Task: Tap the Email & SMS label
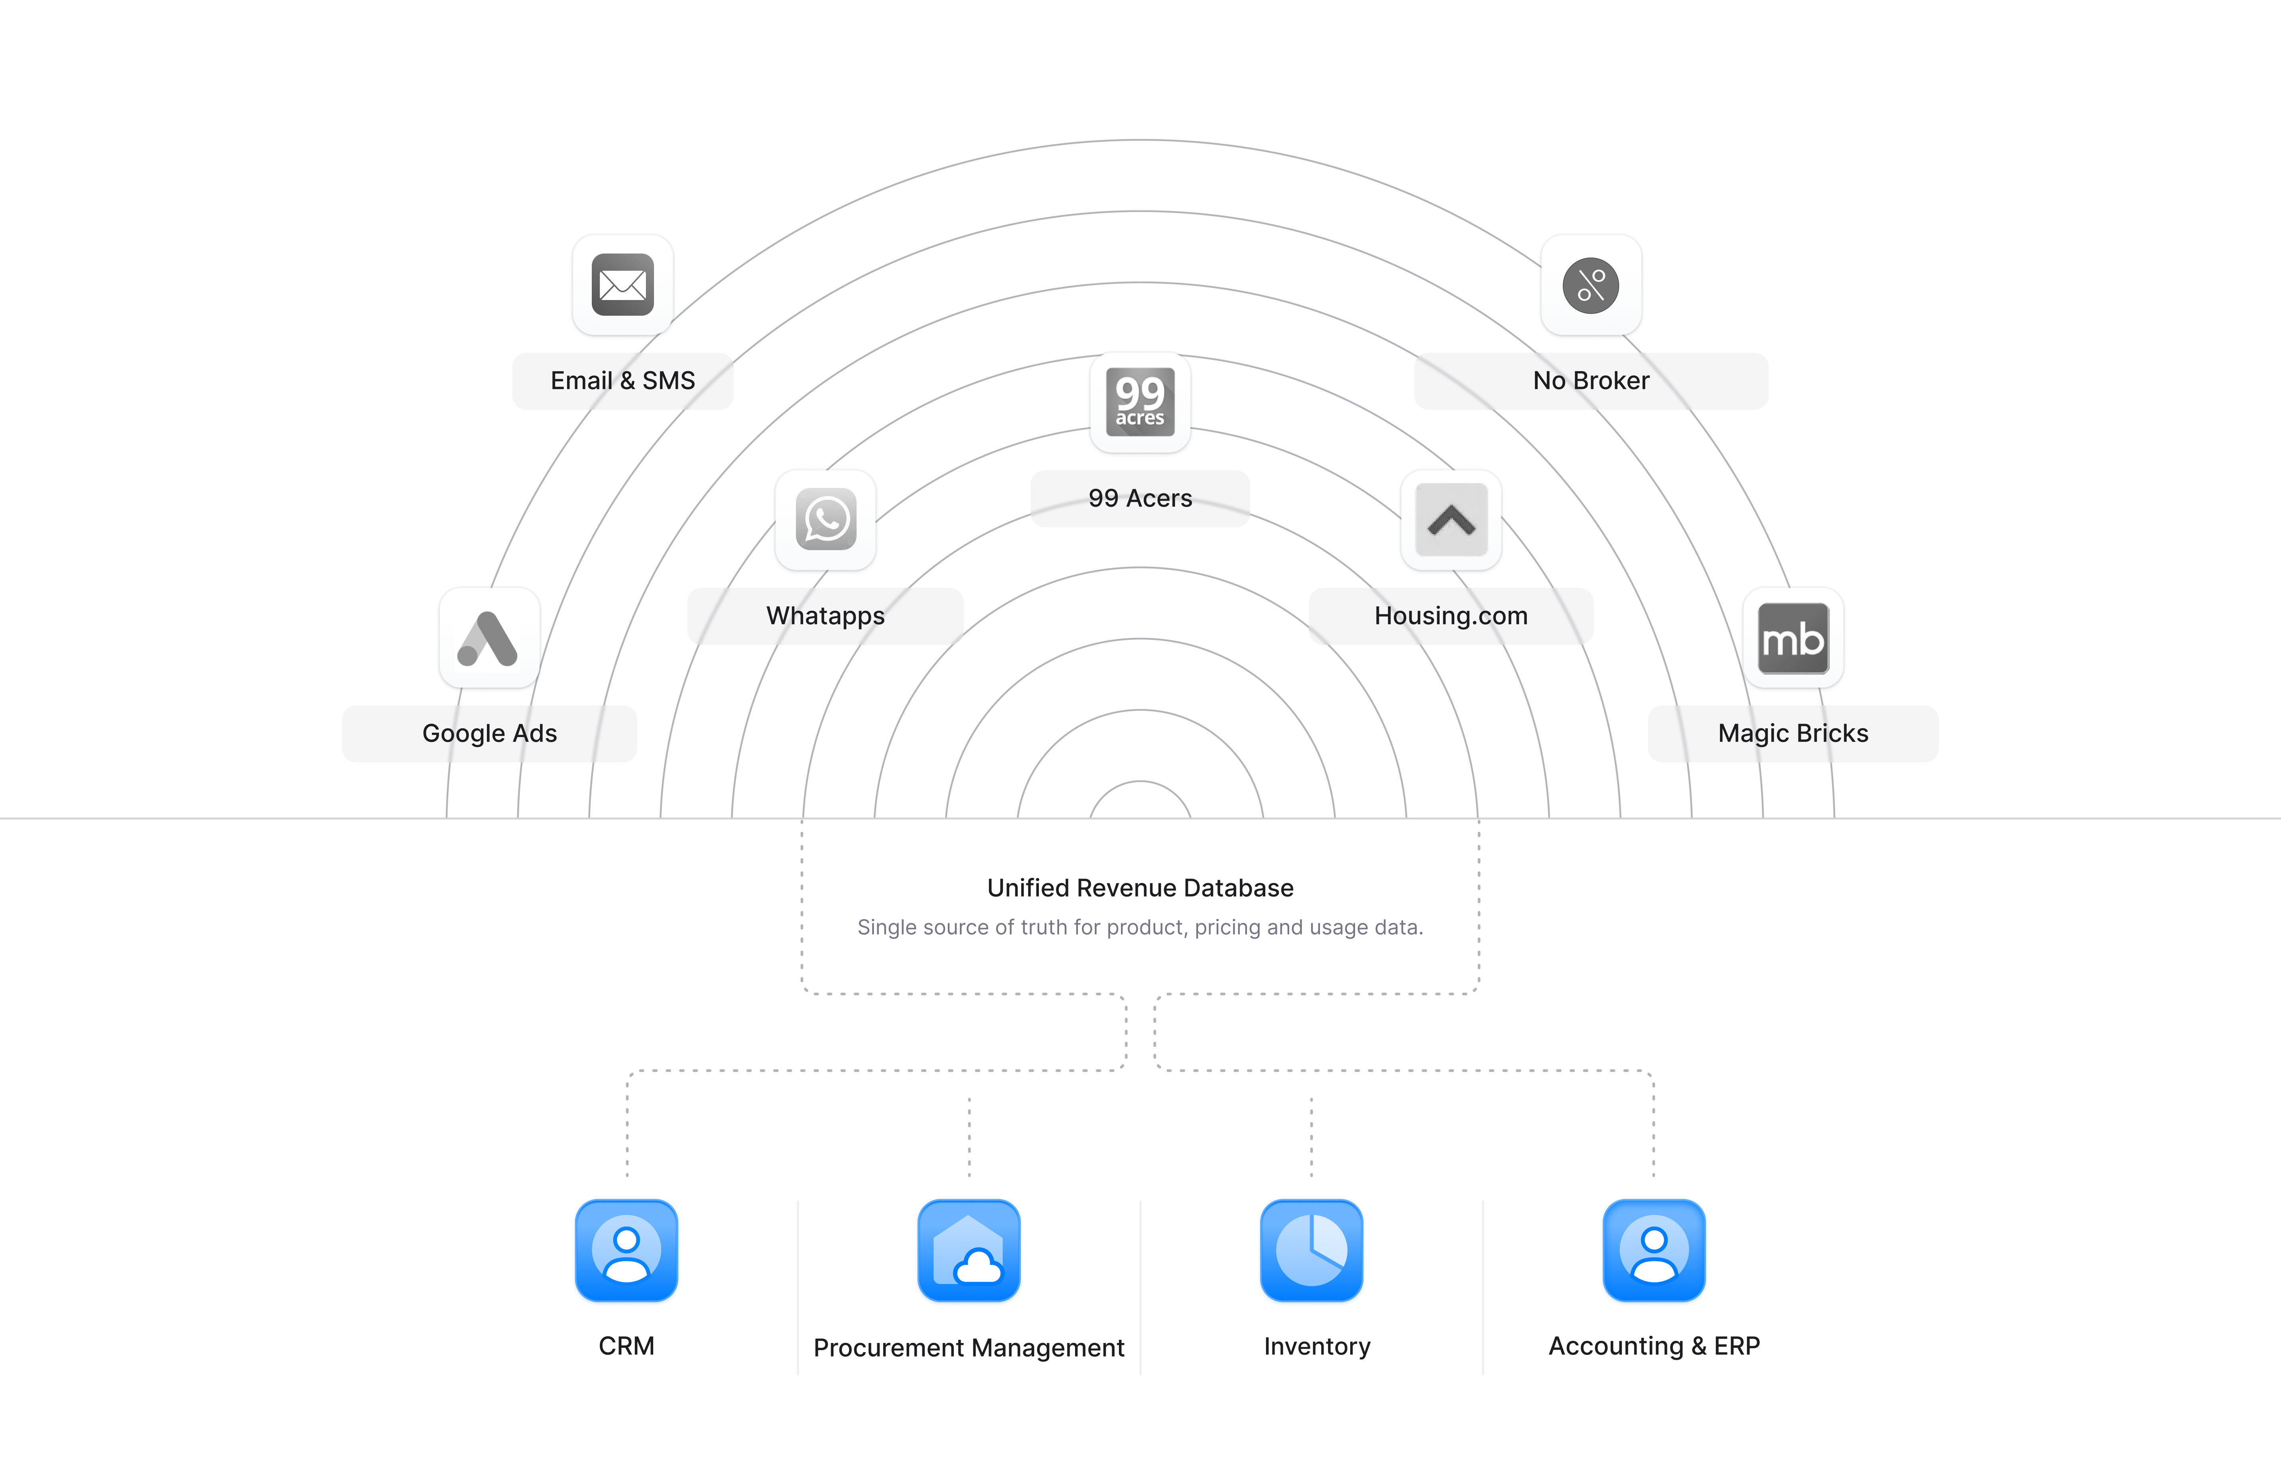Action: (622, 381)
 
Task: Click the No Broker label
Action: (1591, 381)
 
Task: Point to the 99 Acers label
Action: (1140, 498)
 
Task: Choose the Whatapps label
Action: (825, 616)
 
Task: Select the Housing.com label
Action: (1451, 616)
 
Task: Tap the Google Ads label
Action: (489, 733)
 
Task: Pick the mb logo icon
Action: (1793, 637)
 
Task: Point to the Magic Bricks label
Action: (1793, 733)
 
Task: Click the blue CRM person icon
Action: (626, 1253)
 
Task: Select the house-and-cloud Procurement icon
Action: (969, 1253)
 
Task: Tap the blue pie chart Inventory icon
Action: (1312, 1253)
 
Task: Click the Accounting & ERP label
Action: (1654, 1346)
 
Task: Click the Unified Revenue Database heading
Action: (1140, 888)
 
